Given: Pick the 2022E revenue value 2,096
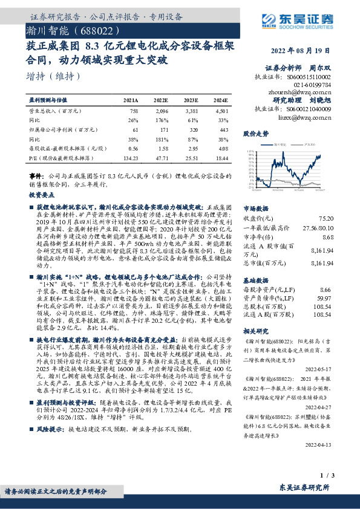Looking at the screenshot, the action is coord(161,111).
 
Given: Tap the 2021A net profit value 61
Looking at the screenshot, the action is coord(135,129).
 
